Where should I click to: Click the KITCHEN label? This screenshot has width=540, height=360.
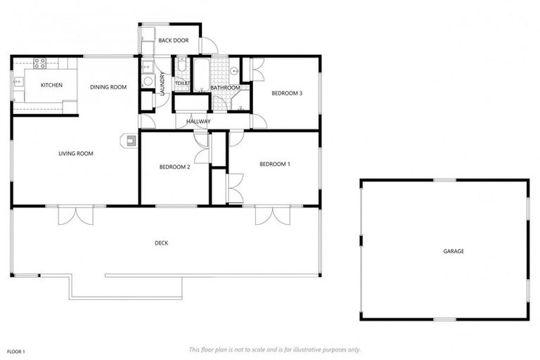pos(51,85)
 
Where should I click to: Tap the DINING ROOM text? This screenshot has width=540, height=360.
pos(108,87)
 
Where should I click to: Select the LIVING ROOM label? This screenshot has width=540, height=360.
pos(76,153)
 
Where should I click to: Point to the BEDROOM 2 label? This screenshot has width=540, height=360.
pos(175,167)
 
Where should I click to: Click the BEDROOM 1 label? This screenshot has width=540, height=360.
pos(275,164)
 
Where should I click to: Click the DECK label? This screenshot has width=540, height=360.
pos(162,243)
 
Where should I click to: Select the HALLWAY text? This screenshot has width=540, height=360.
pos(199,122)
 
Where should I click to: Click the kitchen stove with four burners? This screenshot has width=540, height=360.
pos(40,63)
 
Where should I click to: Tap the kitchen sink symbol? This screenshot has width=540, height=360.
pos(16,84)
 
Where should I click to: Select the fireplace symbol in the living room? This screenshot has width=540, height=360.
pos(130,140)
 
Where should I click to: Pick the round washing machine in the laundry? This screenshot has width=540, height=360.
pos(148,82)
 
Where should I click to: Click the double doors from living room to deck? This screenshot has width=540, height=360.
pos(75,214)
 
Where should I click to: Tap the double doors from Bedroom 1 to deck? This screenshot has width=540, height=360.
pos(273,214)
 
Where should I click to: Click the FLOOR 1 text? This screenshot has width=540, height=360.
pos(16,350)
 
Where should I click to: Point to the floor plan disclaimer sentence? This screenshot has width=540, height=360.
pos(275,349)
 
